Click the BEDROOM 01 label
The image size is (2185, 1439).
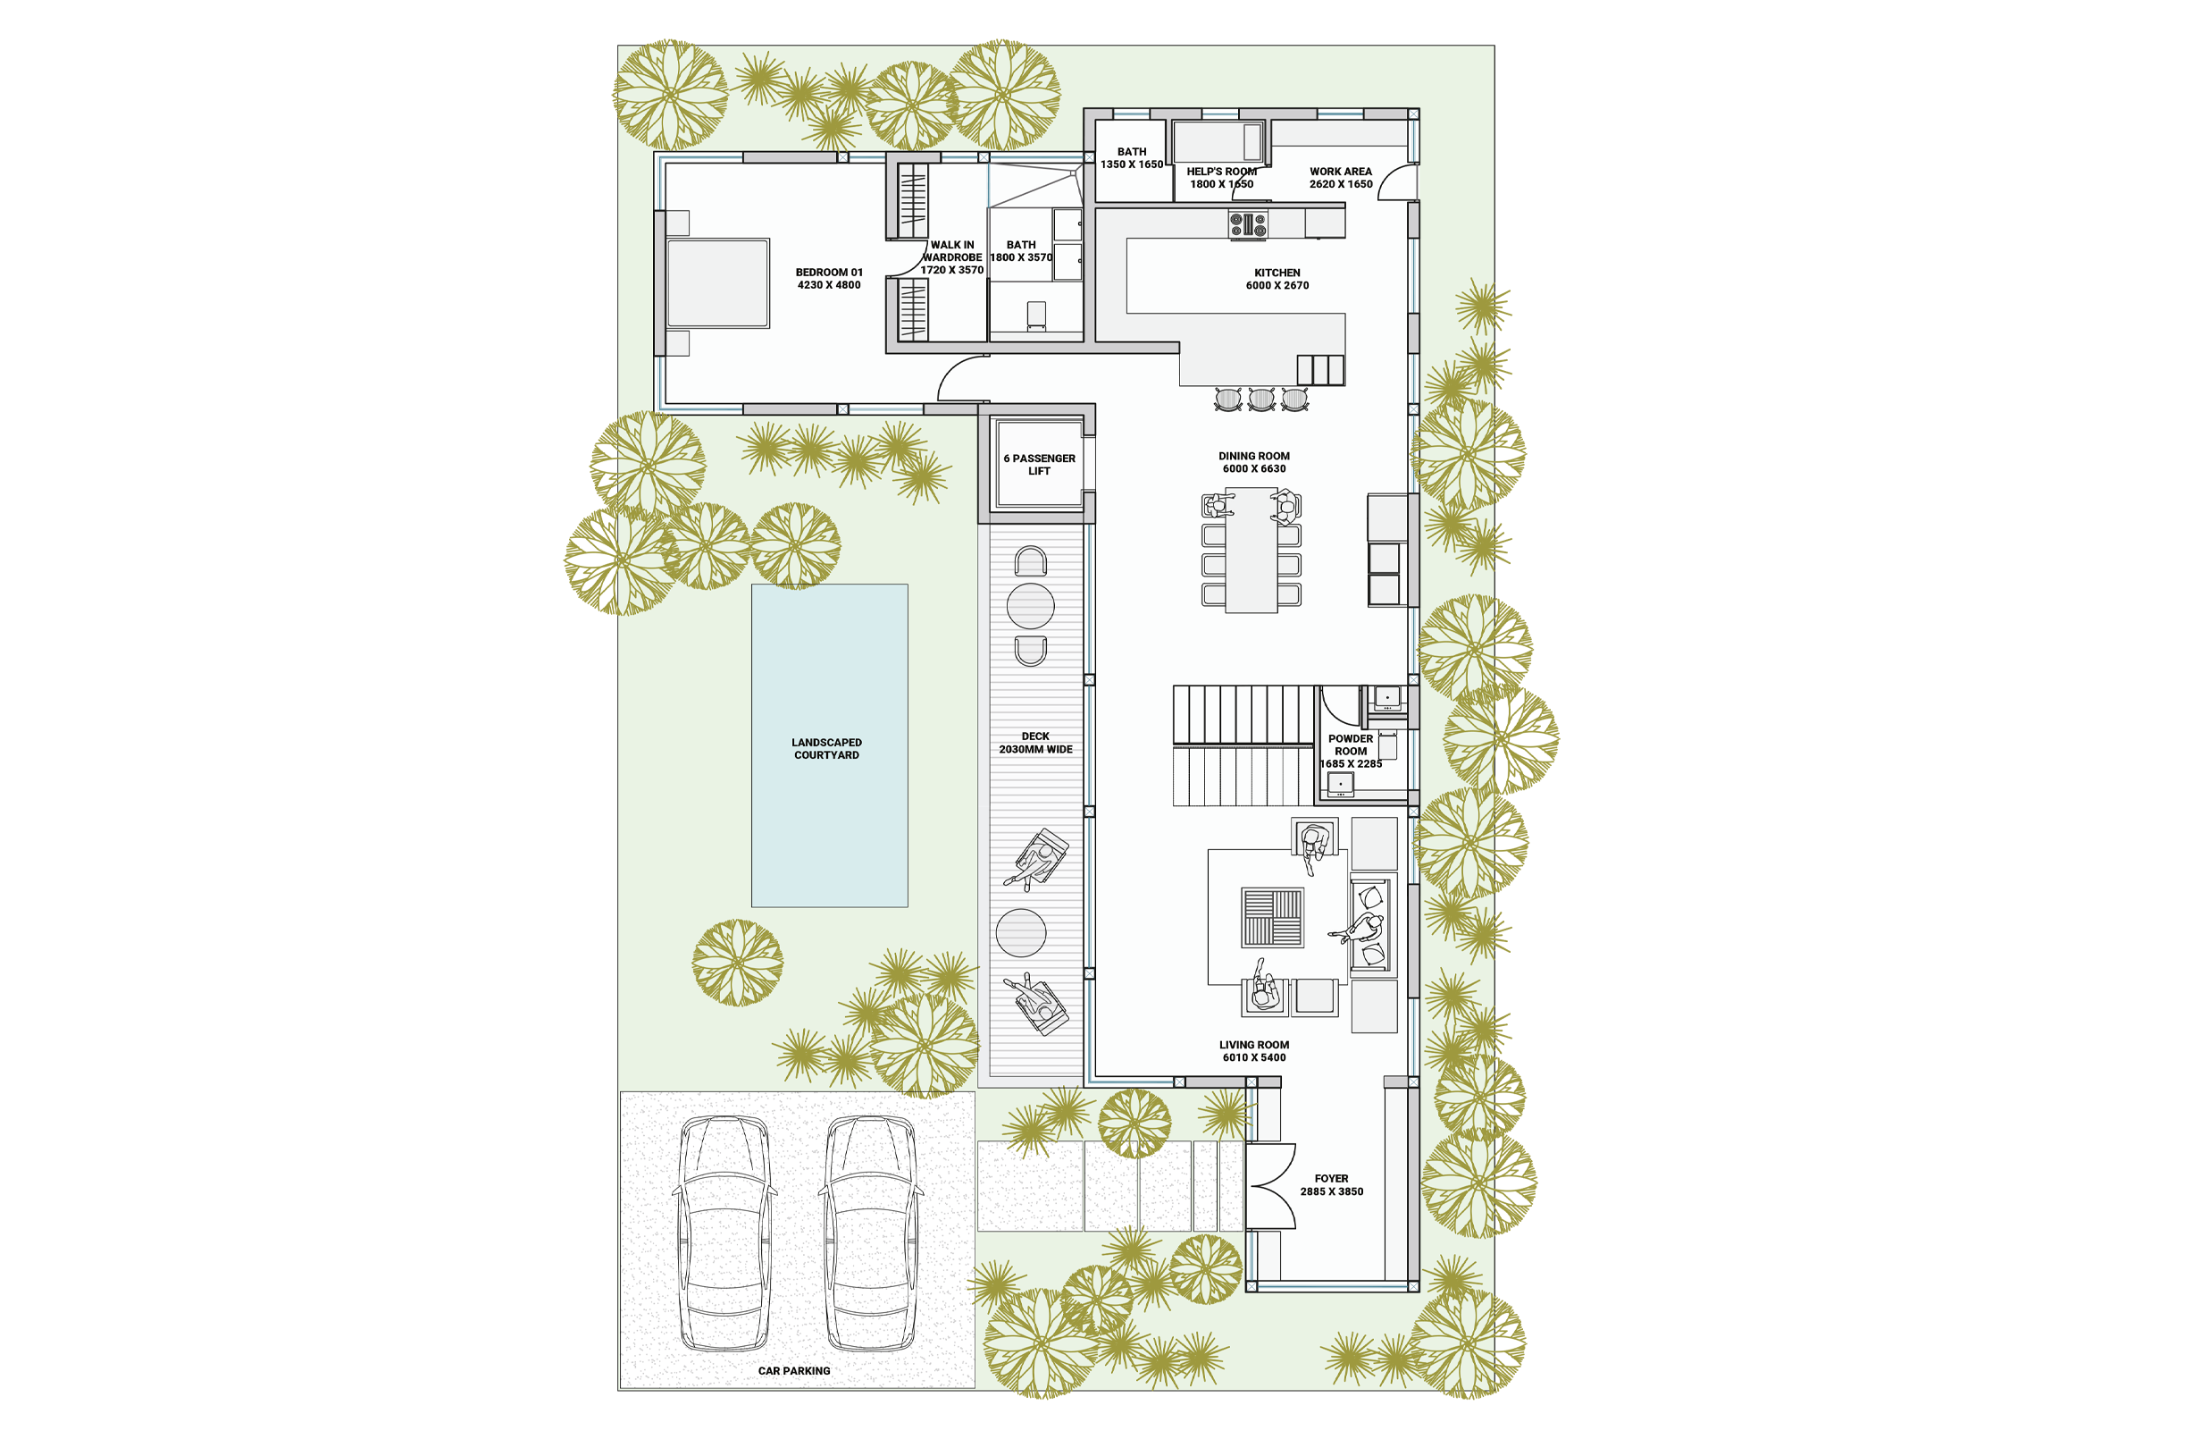[829, 278]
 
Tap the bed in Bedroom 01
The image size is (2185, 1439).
[717, 282]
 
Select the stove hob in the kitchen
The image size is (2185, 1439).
[1248, 225]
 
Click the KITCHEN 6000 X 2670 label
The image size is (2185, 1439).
[1277, 279]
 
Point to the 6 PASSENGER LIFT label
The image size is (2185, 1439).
[1039, 465]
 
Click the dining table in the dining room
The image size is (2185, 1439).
[1252, 550]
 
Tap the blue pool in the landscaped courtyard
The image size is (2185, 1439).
[830, 745]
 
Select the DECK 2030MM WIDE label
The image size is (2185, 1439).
[1035, 743]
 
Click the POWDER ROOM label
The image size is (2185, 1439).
[1351, 745]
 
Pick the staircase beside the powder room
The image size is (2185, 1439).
[1243, 745]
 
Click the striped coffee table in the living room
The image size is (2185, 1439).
[1272, 917]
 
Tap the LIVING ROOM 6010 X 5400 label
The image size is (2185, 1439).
[1254, 1051]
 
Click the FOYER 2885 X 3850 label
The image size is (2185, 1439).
[1331, 1184]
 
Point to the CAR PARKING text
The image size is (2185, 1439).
[794, 1370]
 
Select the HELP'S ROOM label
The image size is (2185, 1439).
[1222, 172]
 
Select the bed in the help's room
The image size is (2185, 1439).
[1218, 142]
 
